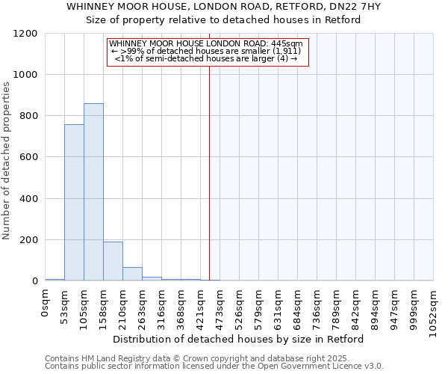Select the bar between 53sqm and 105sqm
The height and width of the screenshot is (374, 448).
coord(74,203)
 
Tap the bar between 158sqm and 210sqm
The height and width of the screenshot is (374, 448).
coord(113,261)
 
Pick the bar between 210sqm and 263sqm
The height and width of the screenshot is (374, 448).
coord(132,274)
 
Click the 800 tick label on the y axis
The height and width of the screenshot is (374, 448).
coord(28,116)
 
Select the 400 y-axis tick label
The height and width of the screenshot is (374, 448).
coord(28,199)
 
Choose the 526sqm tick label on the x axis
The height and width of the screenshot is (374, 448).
coord(240,302)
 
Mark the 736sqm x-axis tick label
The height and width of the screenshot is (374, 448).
coord(317,302)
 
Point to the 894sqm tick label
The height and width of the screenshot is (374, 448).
coord(376,302)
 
